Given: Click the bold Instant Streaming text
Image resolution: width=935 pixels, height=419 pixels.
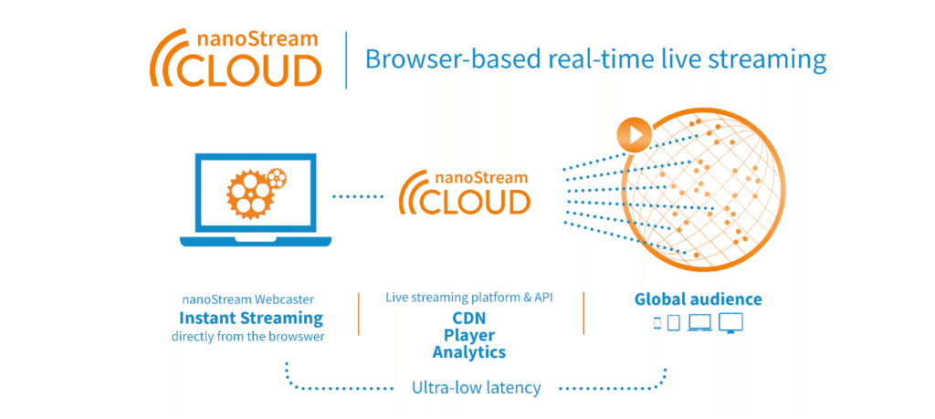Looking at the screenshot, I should click(251, 318).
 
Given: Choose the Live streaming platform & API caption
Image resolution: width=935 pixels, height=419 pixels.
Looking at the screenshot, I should click(469, 298).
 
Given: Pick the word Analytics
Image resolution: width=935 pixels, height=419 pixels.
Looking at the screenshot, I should click(469, 351).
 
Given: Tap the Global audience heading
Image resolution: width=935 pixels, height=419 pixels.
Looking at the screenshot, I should click(698, 299).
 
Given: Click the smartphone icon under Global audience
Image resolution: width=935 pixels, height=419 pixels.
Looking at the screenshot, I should click(657, 322).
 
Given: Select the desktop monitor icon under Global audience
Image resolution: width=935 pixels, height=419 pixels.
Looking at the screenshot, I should click(731, 322).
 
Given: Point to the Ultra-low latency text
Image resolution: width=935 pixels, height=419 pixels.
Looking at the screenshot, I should click(476, 388).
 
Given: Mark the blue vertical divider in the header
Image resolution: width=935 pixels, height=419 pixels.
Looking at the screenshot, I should click(346, 60).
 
